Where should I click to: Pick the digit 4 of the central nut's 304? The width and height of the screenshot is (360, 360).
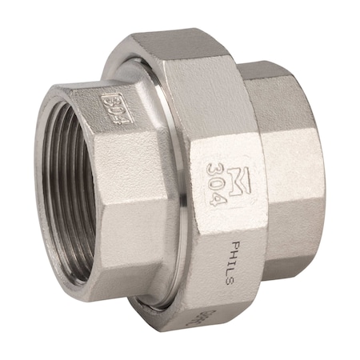(211, 198)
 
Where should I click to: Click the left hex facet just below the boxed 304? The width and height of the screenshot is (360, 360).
(120, 176)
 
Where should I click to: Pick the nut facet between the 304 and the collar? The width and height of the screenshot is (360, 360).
(180, 160)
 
